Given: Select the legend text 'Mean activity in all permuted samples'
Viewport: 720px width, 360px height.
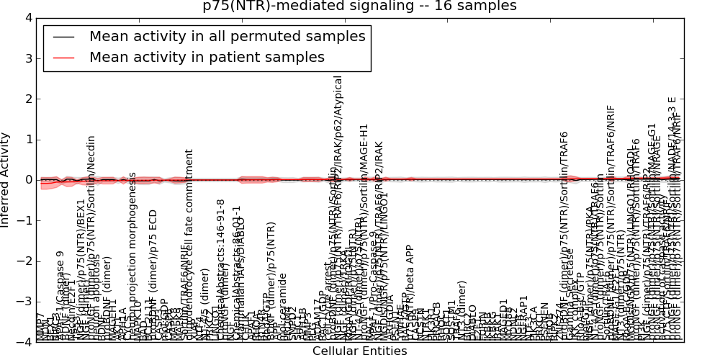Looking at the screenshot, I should pyautogui.click(x=227, y=37).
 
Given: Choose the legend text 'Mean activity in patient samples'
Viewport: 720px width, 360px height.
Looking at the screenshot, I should pyautogui.click(x=207, y=58).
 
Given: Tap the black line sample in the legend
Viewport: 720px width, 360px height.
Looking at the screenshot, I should pyautogui.click(x=63, y=37).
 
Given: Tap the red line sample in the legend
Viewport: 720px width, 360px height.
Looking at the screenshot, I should pyautogui.click(x=63, y=58).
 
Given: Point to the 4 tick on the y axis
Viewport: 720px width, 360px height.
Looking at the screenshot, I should pyautogui.click(x=27, y=18).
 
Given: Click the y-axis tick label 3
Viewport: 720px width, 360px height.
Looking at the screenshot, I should pyautogui.click(x=27, y=58).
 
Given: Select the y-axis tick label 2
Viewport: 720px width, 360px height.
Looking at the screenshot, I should pyautogui.click(x=27, y=99).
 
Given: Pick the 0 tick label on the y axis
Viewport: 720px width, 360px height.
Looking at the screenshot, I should pyautogui.click(x=27, y=180).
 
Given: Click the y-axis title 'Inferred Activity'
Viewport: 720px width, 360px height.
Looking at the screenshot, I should pyautogui.click(x=6, y=180).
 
